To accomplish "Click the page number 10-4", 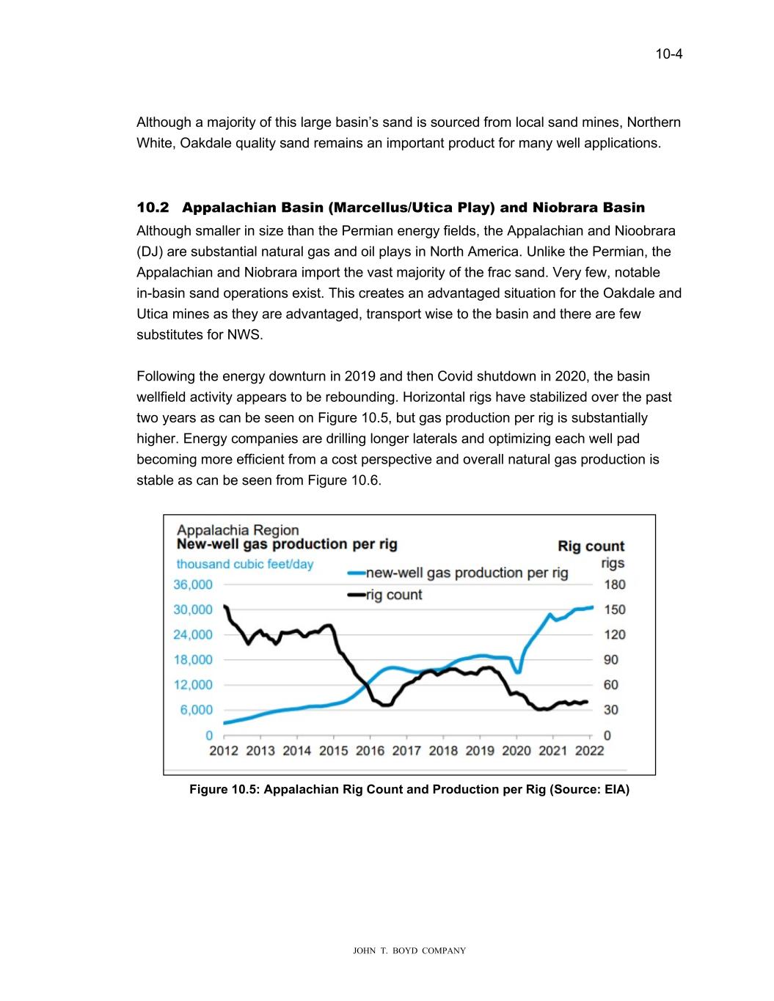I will (669, 54).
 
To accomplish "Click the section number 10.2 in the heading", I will (153, 208).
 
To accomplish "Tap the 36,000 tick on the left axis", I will (193, 584).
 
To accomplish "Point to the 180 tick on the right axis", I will (615, 584).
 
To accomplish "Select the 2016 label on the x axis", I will (370, 750).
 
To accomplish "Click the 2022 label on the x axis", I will (589, 750).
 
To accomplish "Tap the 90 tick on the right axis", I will (610, 660).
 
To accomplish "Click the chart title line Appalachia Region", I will (238, 530).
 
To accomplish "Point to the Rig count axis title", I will (591, 546).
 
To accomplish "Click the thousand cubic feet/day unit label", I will (244, 565).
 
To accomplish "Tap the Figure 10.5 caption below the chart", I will (409, 790).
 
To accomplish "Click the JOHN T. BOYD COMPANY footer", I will (409, 951).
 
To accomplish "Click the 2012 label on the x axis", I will (224, 750).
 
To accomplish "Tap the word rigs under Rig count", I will (613, 563).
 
